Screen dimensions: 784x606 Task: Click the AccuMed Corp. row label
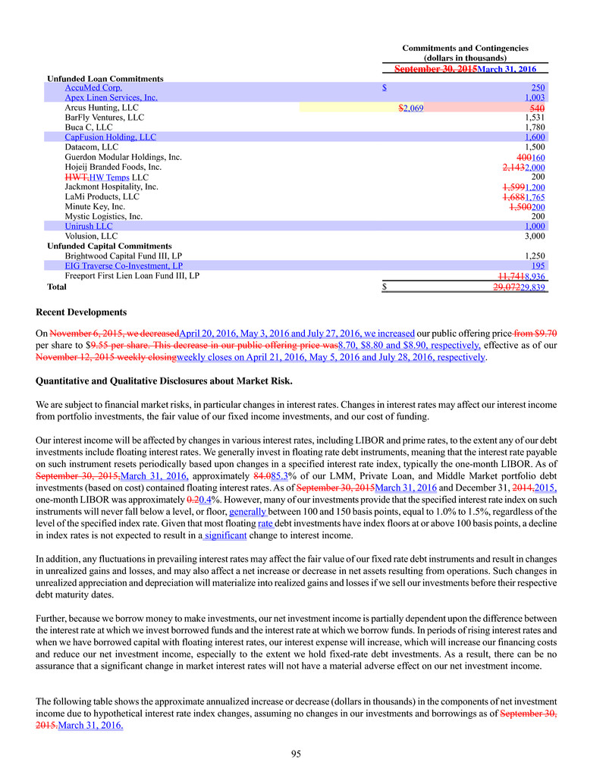click(93, 88)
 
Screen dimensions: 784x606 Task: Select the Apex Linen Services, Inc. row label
click(111, 98)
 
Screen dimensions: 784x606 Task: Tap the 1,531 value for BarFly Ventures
click(535, 118)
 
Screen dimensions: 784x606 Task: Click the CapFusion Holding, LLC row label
click(110, 137)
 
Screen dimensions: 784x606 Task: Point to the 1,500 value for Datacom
click(535, 147)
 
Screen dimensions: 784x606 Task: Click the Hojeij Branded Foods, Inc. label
click(113, 167)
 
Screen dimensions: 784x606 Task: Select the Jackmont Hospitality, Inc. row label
click(111, 187)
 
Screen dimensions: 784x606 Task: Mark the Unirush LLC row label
click(89, 226)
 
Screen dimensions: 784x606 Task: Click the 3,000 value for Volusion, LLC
click(535, 236)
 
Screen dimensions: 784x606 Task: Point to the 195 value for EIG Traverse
click(538, 266)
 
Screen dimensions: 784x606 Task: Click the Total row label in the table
click(57, 287)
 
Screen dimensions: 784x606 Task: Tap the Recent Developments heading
click(81, 312)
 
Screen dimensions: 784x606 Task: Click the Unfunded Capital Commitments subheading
click(109, 246)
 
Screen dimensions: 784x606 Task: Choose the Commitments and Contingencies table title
click(465, 48)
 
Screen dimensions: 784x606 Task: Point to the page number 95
click(303, 754)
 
